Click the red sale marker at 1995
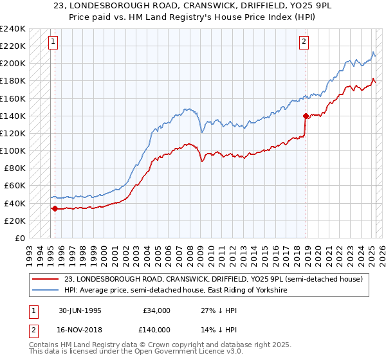[55, 208]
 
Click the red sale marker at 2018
[306, 116]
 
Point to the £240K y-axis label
[13, 29]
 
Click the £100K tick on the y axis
[13, 150]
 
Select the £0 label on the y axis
[20, 238]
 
